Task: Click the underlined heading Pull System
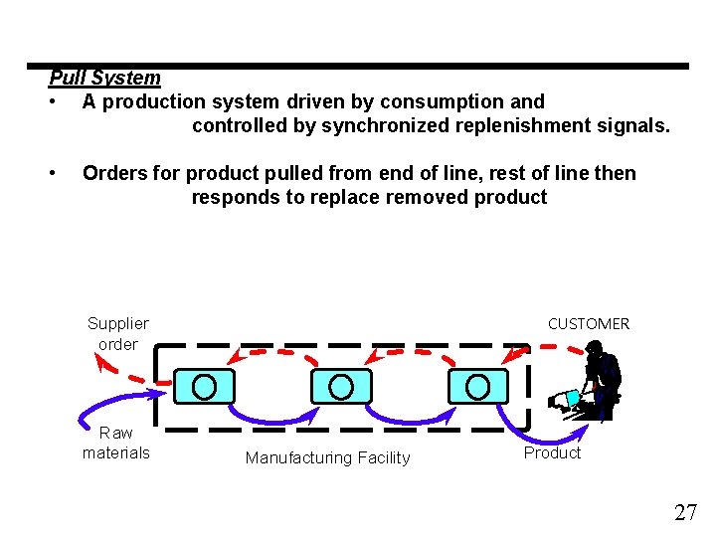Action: [104, 78]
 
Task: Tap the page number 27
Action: [685, 513]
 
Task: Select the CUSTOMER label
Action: [589, 323]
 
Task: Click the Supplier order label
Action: [117, 333]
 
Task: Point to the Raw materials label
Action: [116, 443]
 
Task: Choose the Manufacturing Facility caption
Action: [327, 457]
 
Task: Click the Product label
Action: [552, 452]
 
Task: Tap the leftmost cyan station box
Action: [205, 386]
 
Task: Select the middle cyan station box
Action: [341, 386]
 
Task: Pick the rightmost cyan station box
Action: [478, 386]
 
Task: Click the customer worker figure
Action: [597, 383]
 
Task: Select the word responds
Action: [236, 197]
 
